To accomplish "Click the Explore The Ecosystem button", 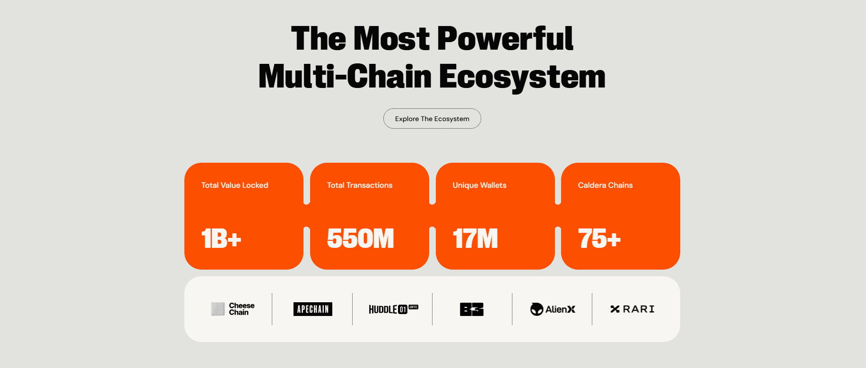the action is coord(432,119).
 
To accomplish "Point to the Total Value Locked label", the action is coord(235,185).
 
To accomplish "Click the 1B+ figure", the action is coord(221,238).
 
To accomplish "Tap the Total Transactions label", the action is coord(360,185).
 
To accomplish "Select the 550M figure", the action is coord(360,238).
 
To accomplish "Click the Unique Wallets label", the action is coord(479,185).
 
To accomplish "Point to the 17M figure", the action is coord(475,238).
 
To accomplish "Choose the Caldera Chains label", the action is coord(605,185).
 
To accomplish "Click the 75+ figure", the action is coord(599,238).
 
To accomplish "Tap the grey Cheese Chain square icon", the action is coord(218,309).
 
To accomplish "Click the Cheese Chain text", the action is coord(242,309).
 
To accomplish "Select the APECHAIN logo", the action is coord(313,309).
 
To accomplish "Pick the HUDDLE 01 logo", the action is coord(393,309).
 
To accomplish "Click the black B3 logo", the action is coord(472,309).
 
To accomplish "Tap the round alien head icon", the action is coord(537,309).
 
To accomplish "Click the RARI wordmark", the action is coord(639,309).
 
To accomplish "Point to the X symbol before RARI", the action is coord(615,309).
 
